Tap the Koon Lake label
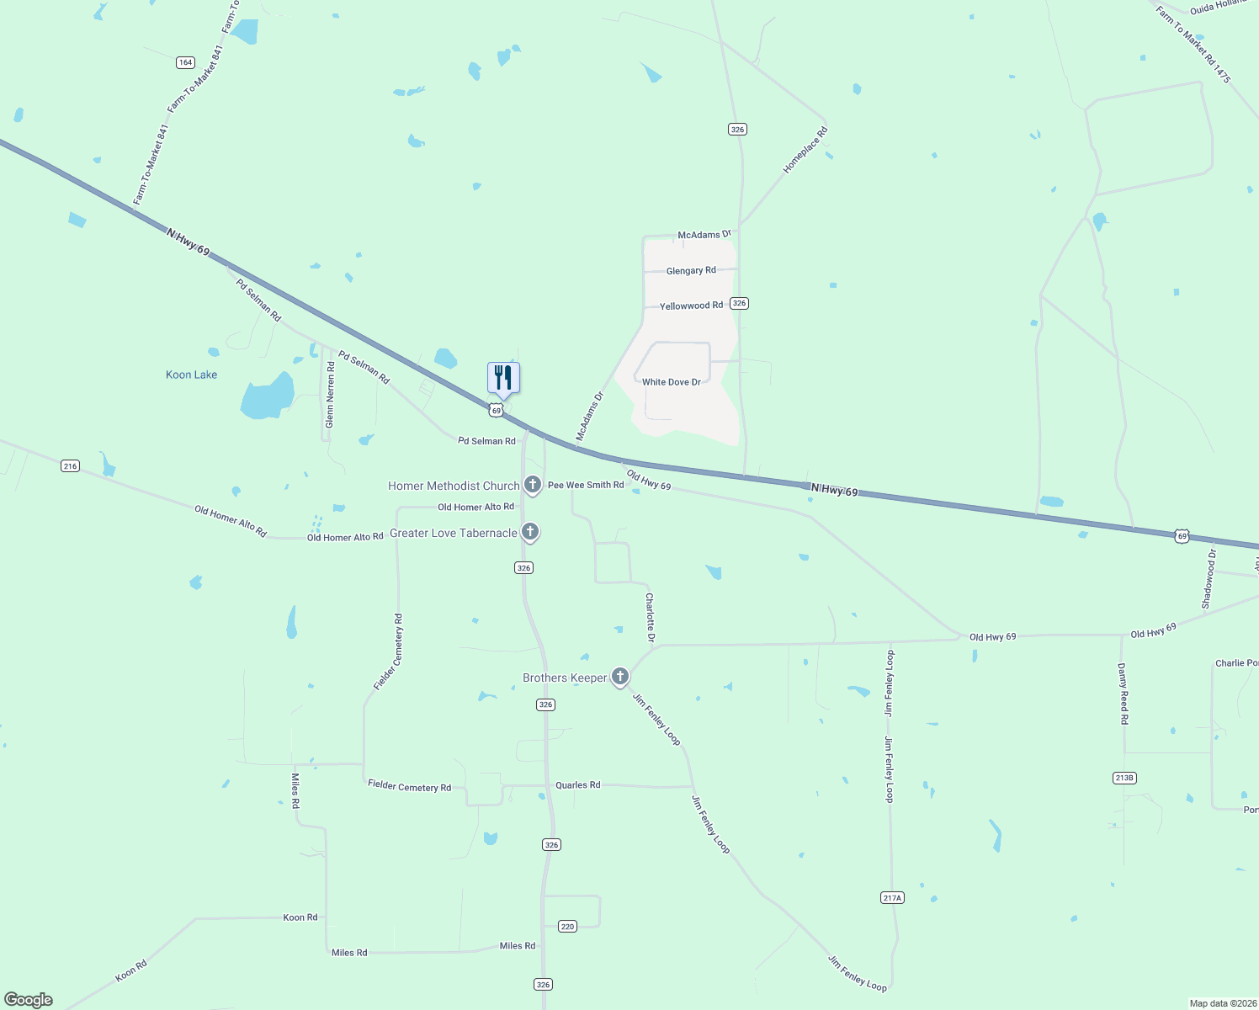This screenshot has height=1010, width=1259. [x=191, y=375]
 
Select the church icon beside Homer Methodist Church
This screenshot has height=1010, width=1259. [x=532, y=485]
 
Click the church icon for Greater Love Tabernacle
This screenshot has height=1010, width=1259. [x=529, y=532]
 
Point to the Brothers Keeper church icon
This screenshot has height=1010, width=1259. [x=619, y=677]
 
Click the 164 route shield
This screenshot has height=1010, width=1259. [x=185, y=62]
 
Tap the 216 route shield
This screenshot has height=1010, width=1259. [x=70, y=465]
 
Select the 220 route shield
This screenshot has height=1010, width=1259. [x=567, y=926]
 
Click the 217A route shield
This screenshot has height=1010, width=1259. [x=892, y=898]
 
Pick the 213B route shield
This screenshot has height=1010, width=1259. [x=1124, y=778]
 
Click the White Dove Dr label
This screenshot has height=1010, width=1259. [x=671, y=382]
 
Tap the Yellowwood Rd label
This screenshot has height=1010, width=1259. [x=691, y=306]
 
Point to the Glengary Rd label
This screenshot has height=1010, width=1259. [x=691, y=271]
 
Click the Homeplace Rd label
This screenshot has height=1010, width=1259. [x=805, y=150]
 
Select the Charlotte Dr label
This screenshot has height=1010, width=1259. [x=650, y=617]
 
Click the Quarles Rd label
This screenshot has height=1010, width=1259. [x=577, y=785]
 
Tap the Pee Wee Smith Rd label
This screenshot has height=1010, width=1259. [x=586, y=485]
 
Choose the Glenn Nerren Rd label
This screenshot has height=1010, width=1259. [x=330, y=394]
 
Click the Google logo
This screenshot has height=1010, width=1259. [x=29, y=1000]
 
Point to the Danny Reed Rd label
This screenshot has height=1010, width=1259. [x=1123, y=694]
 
